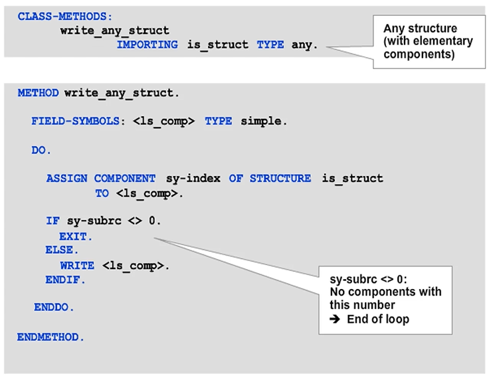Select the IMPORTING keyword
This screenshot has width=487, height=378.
point(147,45)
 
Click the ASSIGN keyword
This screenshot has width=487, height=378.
point(67,178)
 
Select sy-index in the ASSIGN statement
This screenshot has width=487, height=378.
point(192,178)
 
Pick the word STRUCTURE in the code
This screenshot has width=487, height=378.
point(280,178)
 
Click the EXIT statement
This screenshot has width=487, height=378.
point(74,236)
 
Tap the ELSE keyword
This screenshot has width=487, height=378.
point(60,250)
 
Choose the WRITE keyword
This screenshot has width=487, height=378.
point(77,266)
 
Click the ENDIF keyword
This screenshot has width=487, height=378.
point(64,280)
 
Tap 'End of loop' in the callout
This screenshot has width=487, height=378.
point(379,319)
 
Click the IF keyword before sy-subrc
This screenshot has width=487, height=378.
point(52,221)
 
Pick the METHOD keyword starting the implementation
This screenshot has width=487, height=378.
point(38,93)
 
